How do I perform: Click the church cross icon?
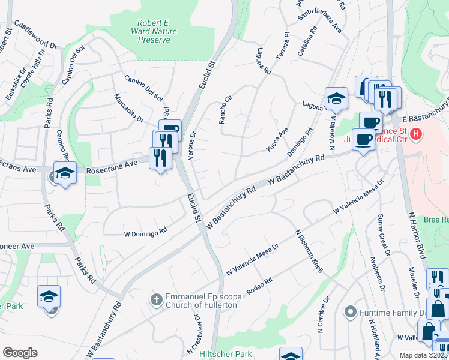[x=157, y=299]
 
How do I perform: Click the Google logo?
[x=20, y=353]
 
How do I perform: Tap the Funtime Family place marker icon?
[x=351, y=312]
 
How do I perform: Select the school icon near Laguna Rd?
[x=336, y=99]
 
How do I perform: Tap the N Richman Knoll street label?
[x=309, y=251]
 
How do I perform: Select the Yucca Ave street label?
[x=278, y=140]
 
